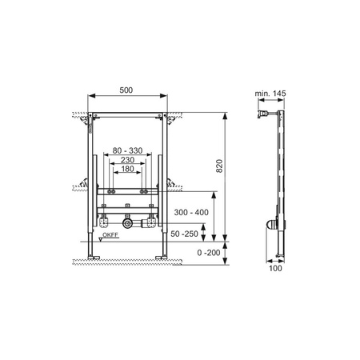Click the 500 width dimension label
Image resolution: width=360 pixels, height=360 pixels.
click(126, 90)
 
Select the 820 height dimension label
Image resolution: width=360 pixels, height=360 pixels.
click(219, 166)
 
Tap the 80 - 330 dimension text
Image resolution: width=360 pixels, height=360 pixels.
click(127, 150)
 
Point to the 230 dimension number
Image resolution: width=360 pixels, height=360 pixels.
click(127, 160)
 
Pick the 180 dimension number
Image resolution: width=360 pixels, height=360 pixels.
click(127, 169)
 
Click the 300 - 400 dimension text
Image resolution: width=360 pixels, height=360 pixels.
click(191, 212)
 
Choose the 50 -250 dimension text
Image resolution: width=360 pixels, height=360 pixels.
click(184, 234)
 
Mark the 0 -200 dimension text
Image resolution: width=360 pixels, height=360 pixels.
click(209, 252)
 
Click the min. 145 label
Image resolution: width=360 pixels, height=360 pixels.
click(270, 94)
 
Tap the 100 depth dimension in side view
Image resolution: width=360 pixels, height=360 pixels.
click(275, 268)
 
